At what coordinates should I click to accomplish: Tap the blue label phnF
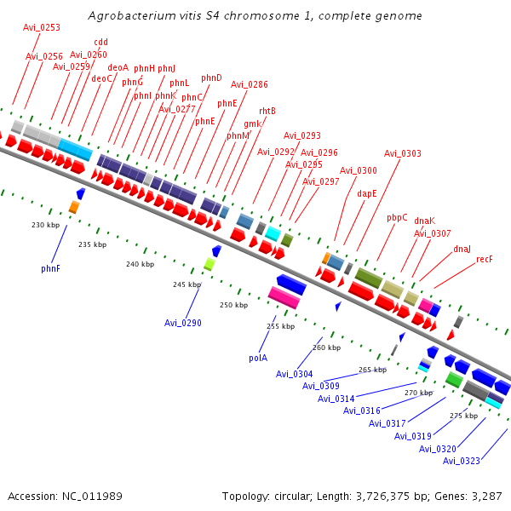click(50, 268)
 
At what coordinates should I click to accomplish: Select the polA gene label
click(258, 358)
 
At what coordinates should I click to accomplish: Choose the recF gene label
click(485, 259)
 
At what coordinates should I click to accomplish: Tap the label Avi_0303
click(402, 153)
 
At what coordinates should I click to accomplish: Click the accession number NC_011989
click(91, 496)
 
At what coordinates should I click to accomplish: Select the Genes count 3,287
click(486, 496)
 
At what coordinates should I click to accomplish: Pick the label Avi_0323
click(461, 461)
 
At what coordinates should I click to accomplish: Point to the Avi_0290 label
click(183, 323)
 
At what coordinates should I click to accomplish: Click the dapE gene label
click(367, 193)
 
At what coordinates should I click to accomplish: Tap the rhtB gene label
click(267, 111)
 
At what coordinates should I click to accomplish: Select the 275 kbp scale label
click(463, 416)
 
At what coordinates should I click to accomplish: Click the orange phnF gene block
click(74, 207)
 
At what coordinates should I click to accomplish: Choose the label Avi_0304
click(294, 374)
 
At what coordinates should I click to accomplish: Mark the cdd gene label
click(100, 42)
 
